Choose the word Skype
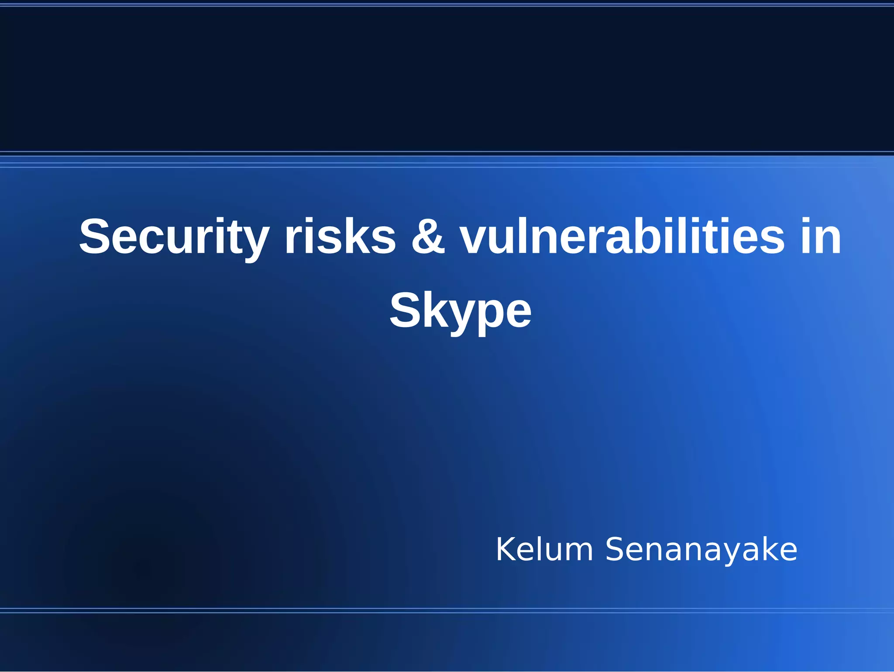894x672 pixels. click(x=460, y=311)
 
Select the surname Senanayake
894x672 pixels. click(x=701, y=550)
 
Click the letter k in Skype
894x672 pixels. click(x=437, y=310)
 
